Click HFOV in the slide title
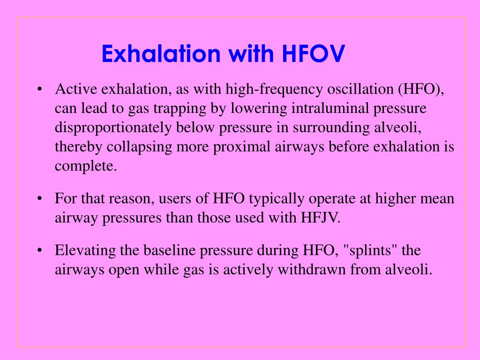(x=314, y=54)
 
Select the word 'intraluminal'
(x=331, y=108)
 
